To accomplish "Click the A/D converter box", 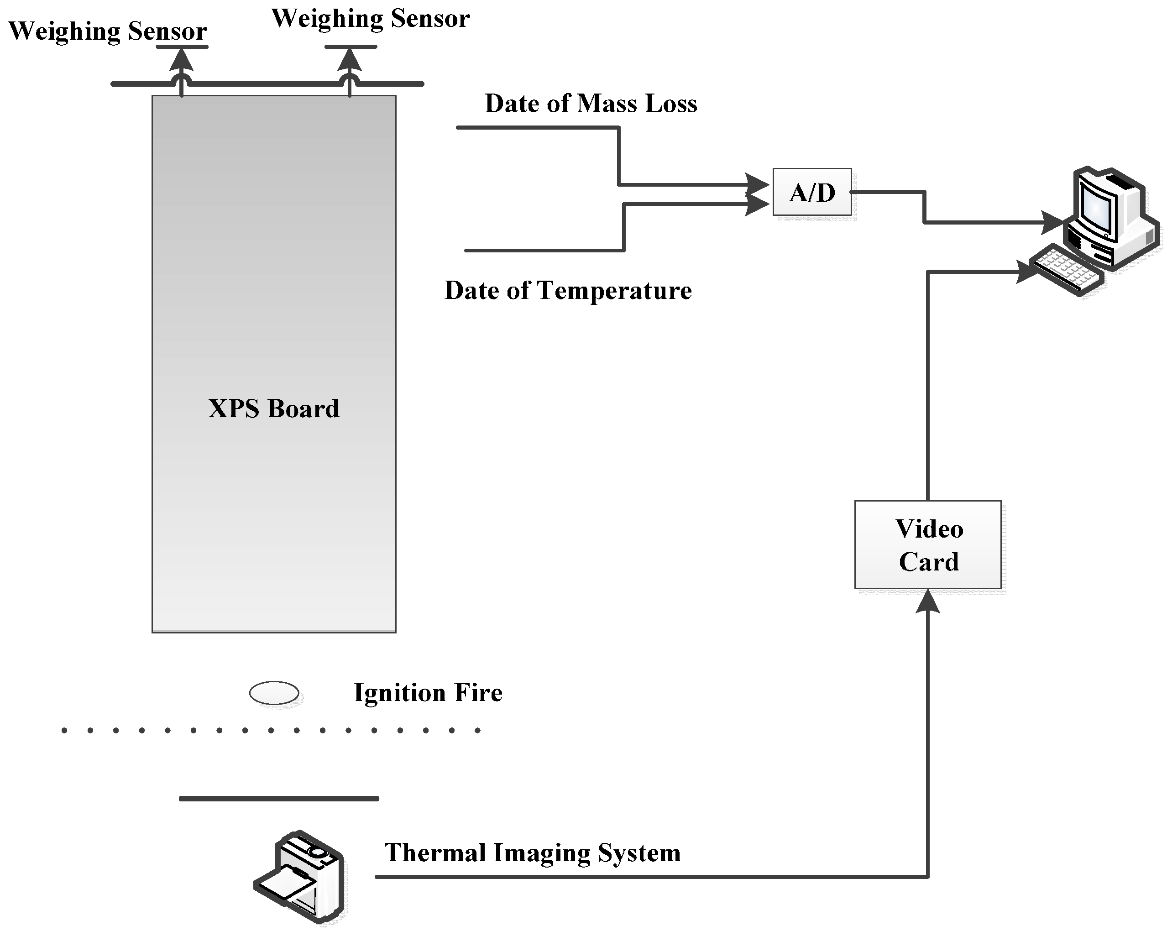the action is point(812,192).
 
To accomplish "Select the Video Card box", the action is point(928,544).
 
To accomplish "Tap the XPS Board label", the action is point(274,408).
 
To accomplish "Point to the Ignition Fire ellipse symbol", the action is point(274,693).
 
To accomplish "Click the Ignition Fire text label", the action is point(428,692).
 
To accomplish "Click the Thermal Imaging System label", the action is point(533,853).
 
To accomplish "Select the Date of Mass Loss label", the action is point(591,104).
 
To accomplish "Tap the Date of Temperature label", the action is point(568,291).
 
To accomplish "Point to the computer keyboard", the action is point(1066,269).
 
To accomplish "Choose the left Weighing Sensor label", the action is point(108,31).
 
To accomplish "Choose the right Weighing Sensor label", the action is point(370,18).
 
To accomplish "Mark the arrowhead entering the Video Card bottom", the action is point(928,601).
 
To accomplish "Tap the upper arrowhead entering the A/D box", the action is point(757,184).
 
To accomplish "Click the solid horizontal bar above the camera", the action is point(279,798).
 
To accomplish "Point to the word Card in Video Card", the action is point(929,562).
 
